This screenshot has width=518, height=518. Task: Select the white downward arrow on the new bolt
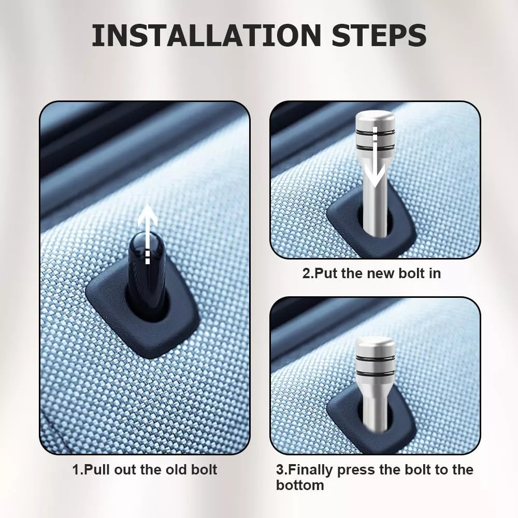(x=375, y=156)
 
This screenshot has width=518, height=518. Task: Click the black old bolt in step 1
(x=147, y=274)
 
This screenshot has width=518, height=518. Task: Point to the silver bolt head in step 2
(x=375, y=133)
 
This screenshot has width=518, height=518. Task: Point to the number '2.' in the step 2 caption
(x=308, y=274)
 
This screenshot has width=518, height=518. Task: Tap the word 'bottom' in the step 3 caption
(x=300, y=485)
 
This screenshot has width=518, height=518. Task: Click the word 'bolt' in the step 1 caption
(x=204, y=470)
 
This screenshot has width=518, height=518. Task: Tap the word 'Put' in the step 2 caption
(x=326, y=274)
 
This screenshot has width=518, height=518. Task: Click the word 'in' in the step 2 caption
(x=435, y=274)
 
